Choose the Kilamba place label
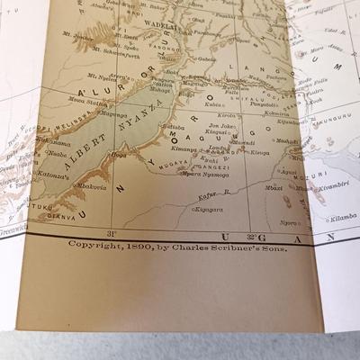(x=343, y=218)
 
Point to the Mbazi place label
(x=274, y=187)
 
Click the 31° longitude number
(x=111, y=235)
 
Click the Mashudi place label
(x=286, y=140)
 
